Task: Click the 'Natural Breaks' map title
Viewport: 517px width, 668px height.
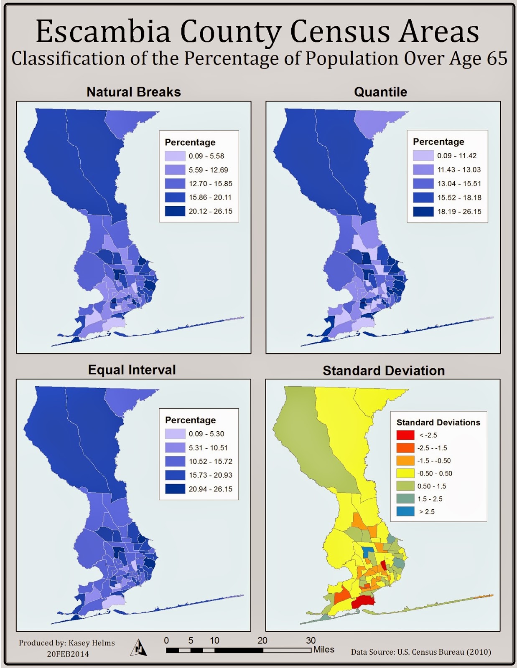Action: (x=133, y=92)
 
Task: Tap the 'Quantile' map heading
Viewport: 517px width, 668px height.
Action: (x=380, y=92)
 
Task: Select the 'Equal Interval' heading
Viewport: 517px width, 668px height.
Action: (x=132, y=370)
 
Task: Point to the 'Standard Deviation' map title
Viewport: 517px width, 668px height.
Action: (x=383, y=371)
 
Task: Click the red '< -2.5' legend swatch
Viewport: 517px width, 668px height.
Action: (x=405, y=435)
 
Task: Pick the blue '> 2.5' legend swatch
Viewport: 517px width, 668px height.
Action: (x=405, y=511)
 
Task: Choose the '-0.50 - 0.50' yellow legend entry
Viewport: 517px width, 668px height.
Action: (x=434, y=473)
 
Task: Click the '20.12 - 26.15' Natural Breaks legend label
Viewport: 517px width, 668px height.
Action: (x=210, y=211)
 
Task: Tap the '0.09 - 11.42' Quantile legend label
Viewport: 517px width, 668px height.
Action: (x=456, y=156)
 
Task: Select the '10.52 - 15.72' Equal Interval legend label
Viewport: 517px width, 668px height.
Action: (x=210, y=461)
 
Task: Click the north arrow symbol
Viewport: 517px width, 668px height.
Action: (x=139, y=648)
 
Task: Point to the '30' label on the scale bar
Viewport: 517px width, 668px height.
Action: (x=311, y=640)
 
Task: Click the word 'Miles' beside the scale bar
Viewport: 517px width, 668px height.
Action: (x=324, y=650)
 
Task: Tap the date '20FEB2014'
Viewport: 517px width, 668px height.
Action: (x=68, y=654)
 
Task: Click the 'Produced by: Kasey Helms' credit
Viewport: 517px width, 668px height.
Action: (x=67, y=643)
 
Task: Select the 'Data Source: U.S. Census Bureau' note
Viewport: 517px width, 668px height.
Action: (x=420, y=652)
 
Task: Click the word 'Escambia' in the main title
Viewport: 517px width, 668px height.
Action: (x=103, y=32)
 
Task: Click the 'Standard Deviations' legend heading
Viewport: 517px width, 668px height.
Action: (x=438, y=423)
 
